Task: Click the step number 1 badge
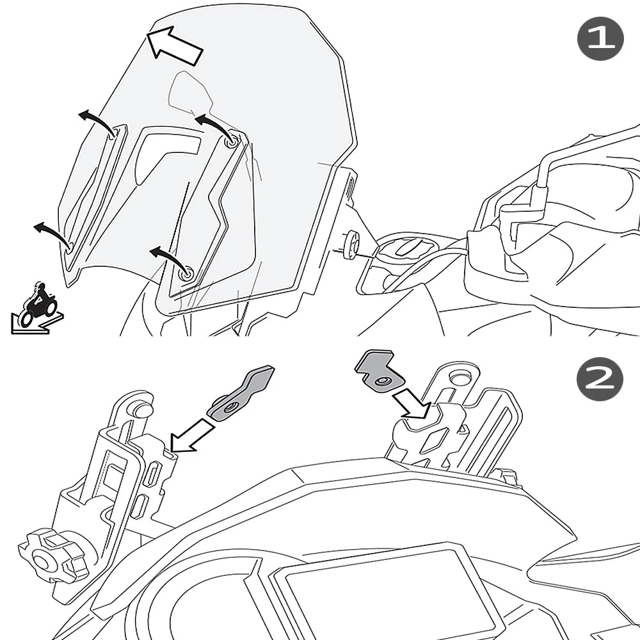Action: click(x=600, y=38)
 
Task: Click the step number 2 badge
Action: click(x=600, y=379)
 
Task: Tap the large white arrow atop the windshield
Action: click(x=175, y=44)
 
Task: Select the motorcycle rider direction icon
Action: click(x=37, y=308)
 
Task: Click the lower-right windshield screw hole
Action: click(x=187, y=273)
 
